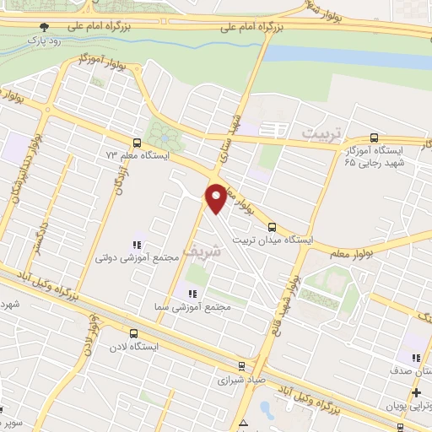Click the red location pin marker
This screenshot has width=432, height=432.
[216, 198]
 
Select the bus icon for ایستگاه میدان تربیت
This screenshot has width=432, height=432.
[272, 226]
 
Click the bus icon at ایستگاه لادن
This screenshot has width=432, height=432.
[132, 333]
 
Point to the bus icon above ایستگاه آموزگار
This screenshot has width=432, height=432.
[375, 138]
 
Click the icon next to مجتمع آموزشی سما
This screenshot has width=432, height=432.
[192, 294]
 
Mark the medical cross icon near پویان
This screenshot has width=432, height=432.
[416, 392]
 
